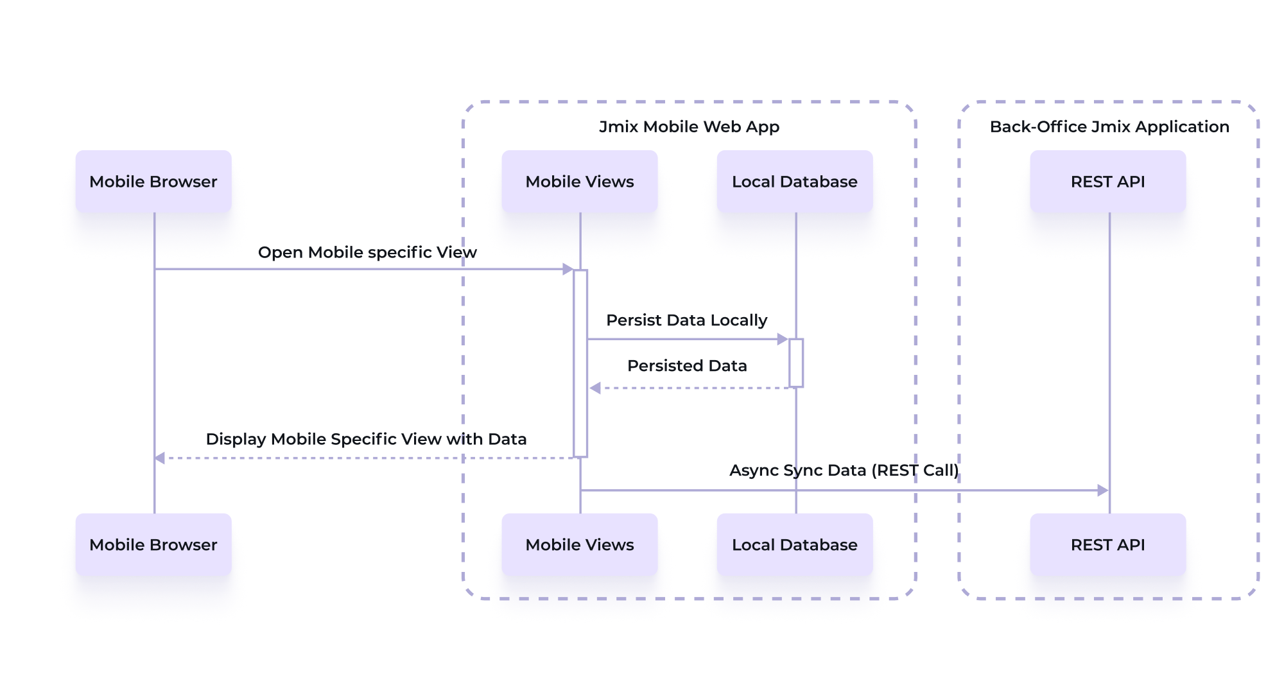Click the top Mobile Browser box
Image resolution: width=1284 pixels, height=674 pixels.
click(x=153, y=182)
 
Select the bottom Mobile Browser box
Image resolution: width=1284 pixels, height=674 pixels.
click(x=153, y=544)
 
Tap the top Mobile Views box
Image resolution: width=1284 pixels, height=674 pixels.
click(x=580, y=182)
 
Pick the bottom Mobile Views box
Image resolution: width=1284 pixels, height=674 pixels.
click(x=580, y=544)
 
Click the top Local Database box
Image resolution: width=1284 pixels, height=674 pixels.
click(x=795, y=182)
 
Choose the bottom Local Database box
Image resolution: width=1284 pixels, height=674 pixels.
click(x=795, y=544)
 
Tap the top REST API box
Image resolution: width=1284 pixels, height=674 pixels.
click(x=1108, y=182)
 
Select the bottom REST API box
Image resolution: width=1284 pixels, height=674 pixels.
click(x=1108, y=544)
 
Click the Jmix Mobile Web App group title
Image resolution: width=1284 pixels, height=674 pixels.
click(x=689, y=127)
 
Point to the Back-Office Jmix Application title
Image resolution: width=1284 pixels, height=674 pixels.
click(x=1109, y=127)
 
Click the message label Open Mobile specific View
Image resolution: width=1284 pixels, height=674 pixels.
click(x=367, y=252)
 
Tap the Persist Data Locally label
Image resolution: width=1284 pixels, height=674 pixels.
click(x=687, y=320)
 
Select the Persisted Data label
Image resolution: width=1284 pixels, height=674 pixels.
click(x=687, y=366)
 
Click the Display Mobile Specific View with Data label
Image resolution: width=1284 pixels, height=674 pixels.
click(x=366, y=439)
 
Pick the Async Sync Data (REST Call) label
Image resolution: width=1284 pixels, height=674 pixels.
click(x=844, y=471)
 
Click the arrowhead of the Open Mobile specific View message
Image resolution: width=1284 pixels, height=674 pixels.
click(x=568, y=269)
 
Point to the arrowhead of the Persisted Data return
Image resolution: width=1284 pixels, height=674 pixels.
click(x=595, y=388)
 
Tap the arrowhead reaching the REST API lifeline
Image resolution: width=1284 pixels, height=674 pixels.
click(x=1103, y=490)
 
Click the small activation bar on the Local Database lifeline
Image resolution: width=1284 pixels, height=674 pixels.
click(x=796, y=363)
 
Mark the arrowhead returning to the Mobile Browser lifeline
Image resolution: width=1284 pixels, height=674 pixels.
click(x=160, y=458)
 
